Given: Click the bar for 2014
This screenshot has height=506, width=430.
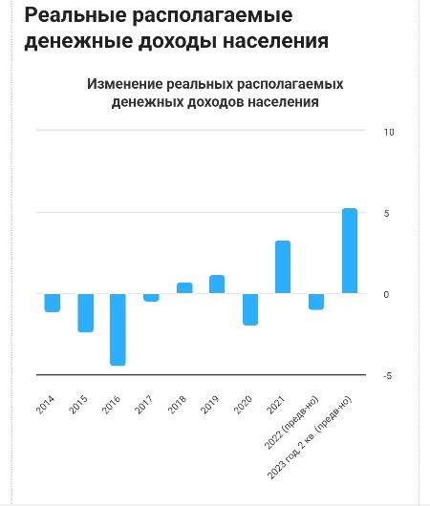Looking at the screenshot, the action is click(x=53, y=303).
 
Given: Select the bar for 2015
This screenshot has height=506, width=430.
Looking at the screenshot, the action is click(x=86, y=313).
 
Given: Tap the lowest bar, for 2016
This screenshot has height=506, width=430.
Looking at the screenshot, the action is click(x=118, y=329).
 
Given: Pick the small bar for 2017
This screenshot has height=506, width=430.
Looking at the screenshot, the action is click(x=151, y=298).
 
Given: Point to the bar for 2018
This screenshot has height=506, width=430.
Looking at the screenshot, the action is click(x=184, y=288).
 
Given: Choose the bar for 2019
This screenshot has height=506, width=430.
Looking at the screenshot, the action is click(x=217, y=284).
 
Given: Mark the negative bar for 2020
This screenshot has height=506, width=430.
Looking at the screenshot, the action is click(x=250, y=309).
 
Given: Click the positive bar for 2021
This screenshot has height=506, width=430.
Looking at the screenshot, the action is click(x=283, y=267).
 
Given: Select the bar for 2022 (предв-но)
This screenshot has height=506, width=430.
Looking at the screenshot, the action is click(x=316, y=302).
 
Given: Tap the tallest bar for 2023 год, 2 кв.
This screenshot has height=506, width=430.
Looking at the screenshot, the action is click(x=350, y=251).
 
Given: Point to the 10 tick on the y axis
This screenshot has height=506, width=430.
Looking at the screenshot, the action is click(x=389, y=132).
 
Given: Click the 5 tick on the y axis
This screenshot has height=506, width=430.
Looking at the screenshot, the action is click(x=387, y=213).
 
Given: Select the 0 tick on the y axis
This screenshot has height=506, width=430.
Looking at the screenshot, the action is click(x=386, y=294).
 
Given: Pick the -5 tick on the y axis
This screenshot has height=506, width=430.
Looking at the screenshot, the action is click(x=388, y=375).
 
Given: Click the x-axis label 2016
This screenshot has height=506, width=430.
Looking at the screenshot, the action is click(x=111, y=405).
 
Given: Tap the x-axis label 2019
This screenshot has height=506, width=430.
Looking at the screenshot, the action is click(x=209, y=405).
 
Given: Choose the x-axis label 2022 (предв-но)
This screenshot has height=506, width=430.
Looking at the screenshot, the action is click(x=291, y=422).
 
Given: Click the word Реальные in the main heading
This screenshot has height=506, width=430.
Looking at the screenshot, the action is click(x=75, y=15).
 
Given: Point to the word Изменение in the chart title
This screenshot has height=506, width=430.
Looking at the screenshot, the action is click(x=125, y=84).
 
